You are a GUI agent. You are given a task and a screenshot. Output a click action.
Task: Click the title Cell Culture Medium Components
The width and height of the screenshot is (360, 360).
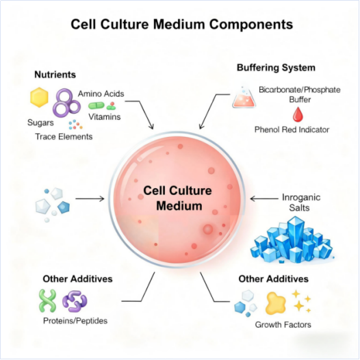point(181,25)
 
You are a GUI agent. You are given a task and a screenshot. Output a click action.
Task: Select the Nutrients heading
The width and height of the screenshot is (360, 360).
point(55,74)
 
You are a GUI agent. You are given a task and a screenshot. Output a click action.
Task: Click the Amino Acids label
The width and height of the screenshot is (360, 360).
point(101,93)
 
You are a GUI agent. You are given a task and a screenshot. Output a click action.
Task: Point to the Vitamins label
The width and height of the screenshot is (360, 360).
point(105,116)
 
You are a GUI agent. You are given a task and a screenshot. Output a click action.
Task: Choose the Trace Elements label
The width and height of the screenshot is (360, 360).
point(64,136)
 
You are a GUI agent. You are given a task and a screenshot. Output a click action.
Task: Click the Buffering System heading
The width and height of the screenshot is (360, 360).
point(276,68)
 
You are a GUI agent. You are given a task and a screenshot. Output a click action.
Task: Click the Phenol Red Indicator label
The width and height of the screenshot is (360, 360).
point(292,129)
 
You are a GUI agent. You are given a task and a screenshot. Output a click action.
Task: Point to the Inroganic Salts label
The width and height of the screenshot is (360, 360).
point(302,203)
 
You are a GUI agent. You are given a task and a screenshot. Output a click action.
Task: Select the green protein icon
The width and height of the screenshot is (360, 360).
point(47,300)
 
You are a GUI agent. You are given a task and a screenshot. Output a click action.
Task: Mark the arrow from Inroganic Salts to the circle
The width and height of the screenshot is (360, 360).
point(262,198)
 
